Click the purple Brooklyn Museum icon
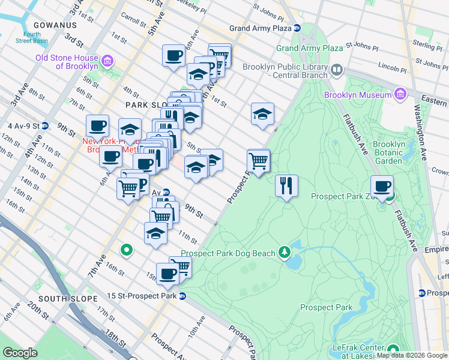pos(400,94)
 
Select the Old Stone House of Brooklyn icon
pos(107,61)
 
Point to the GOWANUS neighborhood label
pos(56,25)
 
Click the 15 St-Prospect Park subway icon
pos(182,296)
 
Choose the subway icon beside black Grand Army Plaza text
pos(297,28)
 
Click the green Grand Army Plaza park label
pos(309,47)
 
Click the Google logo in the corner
pos(20,353)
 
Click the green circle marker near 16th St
pos(126,250)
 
